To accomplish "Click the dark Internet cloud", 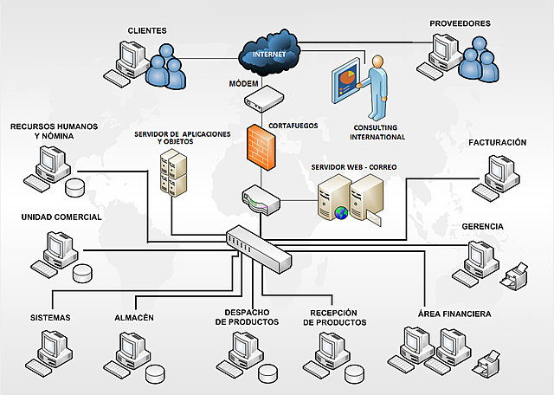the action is click(269, 53).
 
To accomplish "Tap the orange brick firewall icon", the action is click(261, 146).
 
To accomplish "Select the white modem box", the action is click(264, 99).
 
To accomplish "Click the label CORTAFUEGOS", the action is click(293, 126).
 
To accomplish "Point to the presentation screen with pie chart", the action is click(346, 81).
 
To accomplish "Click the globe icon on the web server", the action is click(341, 213).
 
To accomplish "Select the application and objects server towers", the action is click(173, 172).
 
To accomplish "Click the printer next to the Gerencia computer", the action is click(514, 276).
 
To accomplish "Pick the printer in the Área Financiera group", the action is click(486, 364).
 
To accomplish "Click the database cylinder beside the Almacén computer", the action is click(155, 374).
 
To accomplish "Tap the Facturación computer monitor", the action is click(498, 167).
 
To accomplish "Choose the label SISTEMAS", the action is click(50, 318).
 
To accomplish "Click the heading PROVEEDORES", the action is click(460, 23).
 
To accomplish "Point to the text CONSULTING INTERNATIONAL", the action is click(377, 133).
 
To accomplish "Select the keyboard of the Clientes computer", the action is click(117, 79).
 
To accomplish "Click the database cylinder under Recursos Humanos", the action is click(75, 188).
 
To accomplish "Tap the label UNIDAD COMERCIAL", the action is click(61, 217).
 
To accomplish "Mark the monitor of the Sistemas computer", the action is click(52, 342).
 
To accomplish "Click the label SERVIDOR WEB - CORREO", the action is click(354, 167).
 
